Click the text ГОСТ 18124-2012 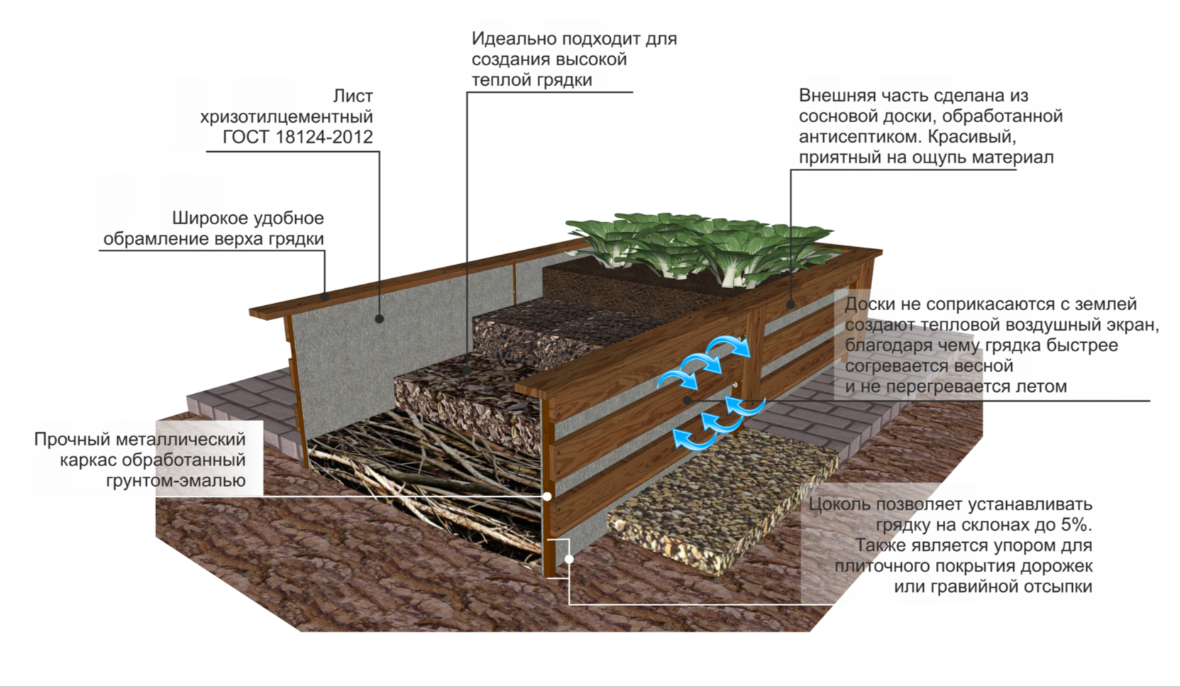297,137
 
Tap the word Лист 353,96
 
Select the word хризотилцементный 286,116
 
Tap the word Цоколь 839,505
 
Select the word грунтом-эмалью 175,480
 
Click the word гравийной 977,587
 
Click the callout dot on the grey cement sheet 379,319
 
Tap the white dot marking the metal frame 547,496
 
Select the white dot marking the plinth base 569,559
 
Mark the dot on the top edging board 324,297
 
